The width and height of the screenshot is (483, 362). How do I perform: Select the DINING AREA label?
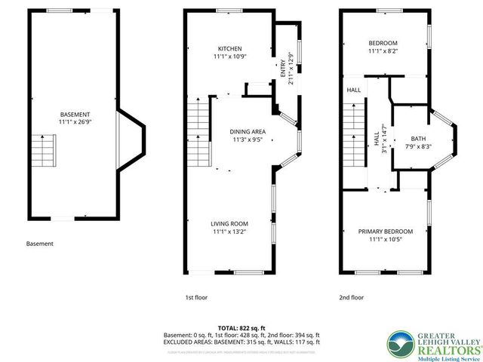coord(247,131)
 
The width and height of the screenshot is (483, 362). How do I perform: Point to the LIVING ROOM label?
coord(229,223)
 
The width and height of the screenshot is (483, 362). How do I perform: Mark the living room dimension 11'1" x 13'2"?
coord(229,232)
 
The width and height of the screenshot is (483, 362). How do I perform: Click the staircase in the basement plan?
coord(43,151)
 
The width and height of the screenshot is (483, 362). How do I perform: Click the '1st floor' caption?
coord(196,298)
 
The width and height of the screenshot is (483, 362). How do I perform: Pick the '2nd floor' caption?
coord(351,298)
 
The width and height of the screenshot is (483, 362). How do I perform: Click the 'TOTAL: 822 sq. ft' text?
coord(241,328)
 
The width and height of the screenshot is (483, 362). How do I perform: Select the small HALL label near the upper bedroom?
coord(353,90)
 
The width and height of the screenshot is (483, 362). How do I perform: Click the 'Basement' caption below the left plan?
coord(40,244)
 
